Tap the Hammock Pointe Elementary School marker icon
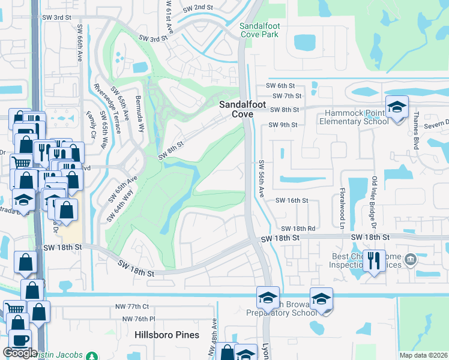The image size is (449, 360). (x=396, y=107)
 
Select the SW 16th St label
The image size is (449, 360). (x=292, y=201)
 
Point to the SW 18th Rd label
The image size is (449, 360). (x=298, y=229)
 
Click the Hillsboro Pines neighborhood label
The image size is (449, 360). (x=167, y=335)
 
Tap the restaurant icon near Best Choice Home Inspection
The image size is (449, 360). (x=375, y=260)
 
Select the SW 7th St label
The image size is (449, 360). (x=286, y=96)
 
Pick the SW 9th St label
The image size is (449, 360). (x=283, y=125)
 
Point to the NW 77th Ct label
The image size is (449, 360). (x=132, y=307)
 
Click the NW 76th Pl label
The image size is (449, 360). (x=139, y=319)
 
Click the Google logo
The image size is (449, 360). (x=20, y=353)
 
